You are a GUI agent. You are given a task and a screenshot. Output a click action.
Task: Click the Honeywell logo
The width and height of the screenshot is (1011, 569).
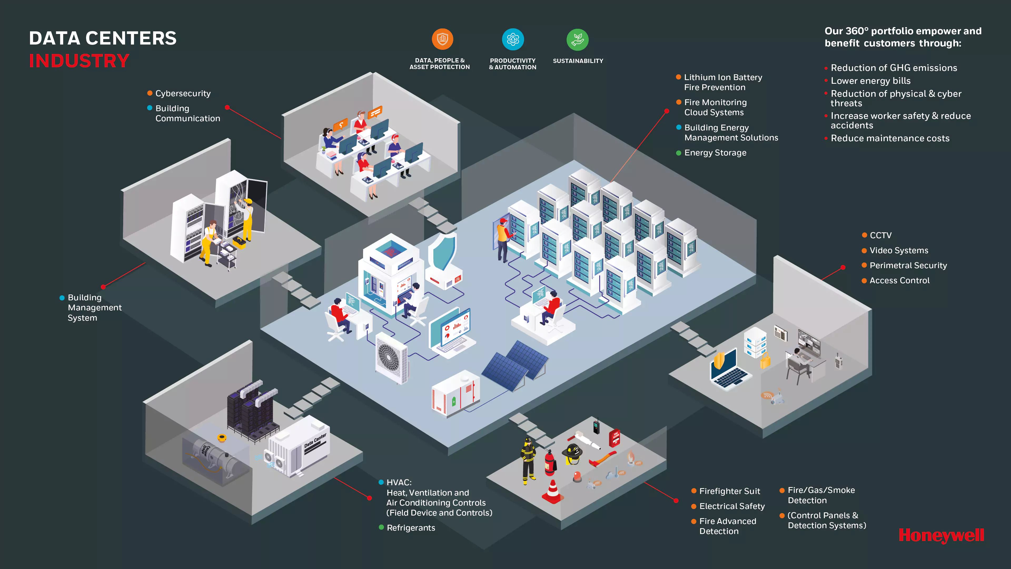[941, 535]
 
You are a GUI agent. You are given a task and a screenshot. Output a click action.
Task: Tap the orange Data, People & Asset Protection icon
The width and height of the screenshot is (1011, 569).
[442, 39]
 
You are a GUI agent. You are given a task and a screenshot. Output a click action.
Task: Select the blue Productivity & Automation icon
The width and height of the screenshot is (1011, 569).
[513, 39]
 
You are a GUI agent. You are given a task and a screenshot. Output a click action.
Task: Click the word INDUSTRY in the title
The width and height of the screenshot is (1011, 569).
[79, 61]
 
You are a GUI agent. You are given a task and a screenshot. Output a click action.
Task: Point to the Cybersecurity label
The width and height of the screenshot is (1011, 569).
[183, 94]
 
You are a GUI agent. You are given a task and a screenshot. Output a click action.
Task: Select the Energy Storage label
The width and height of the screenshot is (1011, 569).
[715, 153]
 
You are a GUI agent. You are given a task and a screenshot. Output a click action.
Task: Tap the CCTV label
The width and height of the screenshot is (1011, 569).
[880, 235]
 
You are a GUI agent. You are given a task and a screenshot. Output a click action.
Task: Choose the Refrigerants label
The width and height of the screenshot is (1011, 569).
[410, 528]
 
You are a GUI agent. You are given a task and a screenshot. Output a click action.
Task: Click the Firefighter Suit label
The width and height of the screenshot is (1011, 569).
[729, 491]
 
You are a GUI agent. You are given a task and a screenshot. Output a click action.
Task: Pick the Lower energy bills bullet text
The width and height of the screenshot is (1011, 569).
[870, 81]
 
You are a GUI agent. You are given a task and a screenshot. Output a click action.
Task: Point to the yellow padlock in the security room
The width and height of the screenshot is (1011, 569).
[765, 360]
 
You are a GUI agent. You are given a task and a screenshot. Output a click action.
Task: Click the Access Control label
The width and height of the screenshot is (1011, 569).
[899, 280]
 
